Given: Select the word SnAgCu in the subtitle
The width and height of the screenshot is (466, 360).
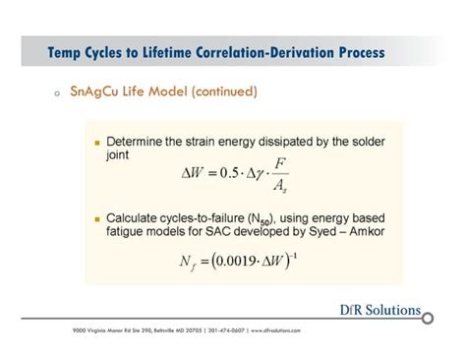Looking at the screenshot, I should pyautogui.click(x=95, y=93).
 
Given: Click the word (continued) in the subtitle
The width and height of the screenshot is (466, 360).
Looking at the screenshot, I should pyautogui.click(x=219, y=93).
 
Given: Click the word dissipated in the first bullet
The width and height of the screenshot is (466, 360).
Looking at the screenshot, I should pyautogui.click(x=292, y=140).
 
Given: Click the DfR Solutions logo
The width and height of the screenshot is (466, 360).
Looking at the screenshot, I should pyautogui.click(x=379, y=311).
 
